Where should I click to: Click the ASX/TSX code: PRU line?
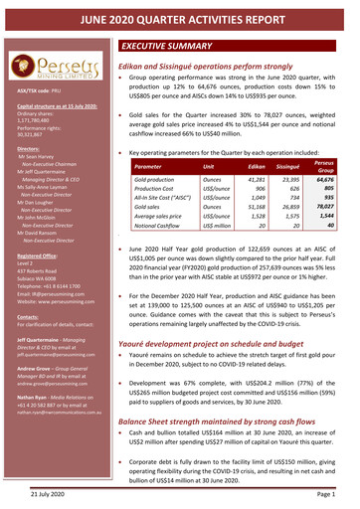pos(38,90)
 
